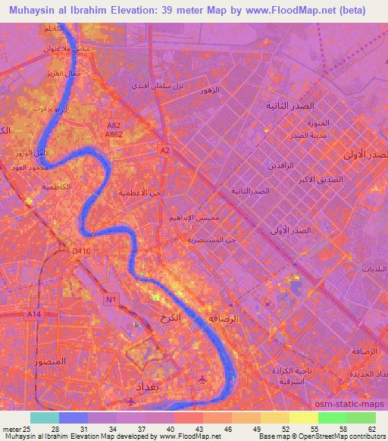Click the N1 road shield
(111, 299)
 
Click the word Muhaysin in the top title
(28, 11)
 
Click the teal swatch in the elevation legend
(45, 418)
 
